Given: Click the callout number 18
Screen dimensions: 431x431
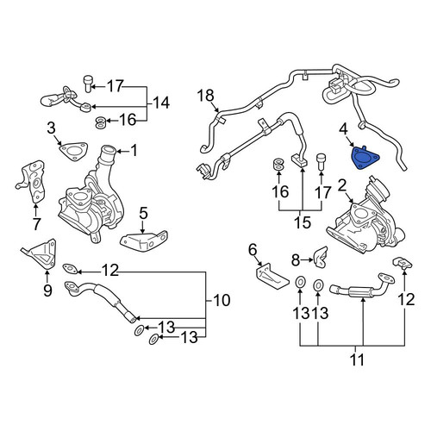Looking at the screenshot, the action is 206,96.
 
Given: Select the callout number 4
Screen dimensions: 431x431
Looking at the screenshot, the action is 343,129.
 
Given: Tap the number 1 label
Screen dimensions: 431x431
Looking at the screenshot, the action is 134,150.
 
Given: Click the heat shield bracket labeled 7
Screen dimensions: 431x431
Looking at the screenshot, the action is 32,182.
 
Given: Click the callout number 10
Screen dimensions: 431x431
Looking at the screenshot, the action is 222,300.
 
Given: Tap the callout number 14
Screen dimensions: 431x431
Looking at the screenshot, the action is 161,103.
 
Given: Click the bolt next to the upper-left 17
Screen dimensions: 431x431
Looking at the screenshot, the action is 89,84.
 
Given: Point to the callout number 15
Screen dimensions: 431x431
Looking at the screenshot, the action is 303,222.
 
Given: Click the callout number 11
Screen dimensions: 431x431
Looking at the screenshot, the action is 357,359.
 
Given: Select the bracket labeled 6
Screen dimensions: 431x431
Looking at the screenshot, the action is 272,277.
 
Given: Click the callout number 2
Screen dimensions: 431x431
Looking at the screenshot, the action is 342,186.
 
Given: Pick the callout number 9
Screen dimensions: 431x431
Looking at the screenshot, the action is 47,290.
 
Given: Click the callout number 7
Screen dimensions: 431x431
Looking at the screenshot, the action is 36,224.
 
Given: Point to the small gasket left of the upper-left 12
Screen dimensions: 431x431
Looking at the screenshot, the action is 71,269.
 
